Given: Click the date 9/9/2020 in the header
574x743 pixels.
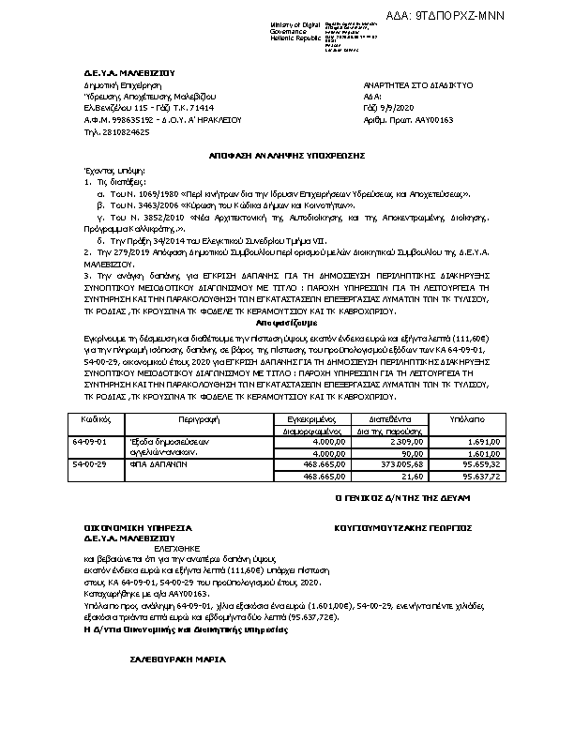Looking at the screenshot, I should (395, 109).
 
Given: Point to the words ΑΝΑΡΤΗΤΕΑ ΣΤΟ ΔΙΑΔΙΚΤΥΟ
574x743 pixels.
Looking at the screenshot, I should (417, 84).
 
